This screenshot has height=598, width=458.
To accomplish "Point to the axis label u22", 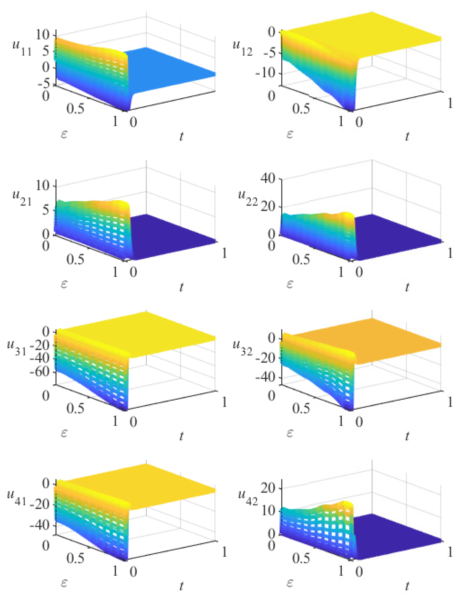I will coord(247,199).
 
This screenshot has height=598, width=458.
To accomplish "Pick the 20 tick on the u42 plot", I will coord(268,488).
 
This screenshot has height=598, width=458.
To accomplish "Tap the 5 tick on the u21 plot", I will coord(46,210).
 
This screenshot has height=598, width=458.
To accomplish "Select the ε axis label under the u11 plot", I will coord(64,134).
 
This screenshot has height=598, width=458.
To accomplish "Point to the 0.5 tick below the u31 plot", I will coord(75,408).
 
